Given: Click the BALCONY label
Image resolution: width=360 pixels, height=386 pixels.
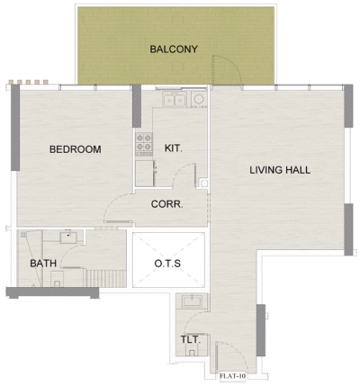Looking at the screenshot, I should [x=174, y=49].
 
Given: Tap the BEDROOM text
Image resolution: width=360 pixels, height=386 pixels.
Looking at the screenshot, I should [x=75, y=149].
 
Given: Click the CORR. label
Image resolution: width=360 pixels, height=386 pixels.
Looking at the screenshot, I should [x=166, y=204].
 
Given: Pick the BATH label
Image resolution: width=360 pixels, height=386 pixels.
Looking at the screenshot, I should [x=44, y=264].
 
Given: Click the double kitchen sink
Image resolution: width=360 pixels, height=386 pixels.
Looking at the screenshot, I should [x=187, y=99].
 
